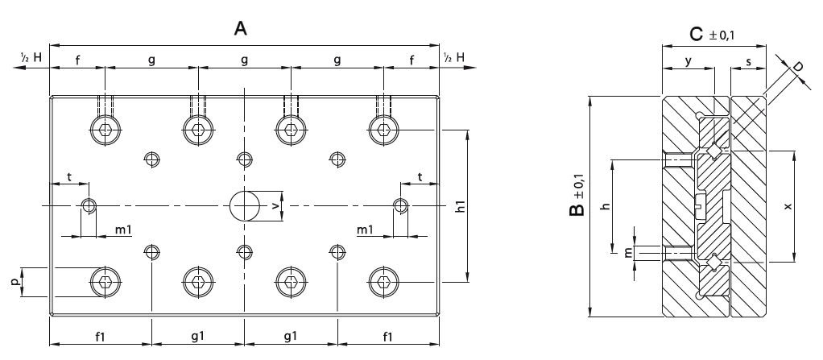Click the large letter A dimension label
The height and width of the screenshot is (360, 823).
(x=241, y=29)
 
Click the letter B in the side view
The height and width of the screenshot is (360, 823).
(x=577, y=210)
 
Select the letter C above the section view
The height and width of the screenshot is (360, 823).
(x=696, y=34)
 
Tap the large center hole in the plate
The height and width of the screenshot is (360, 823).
(x=245, y=205)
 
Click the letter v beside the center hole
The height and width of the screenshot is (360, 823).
(x=275, y=206)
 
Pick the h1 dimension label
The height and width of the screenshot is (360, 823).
(x=461, y=206)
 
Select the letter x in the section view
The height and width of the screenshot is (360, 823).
(x=788, y=207)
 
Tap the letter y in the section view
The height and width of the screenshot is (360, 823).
(x=689, y=62)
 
